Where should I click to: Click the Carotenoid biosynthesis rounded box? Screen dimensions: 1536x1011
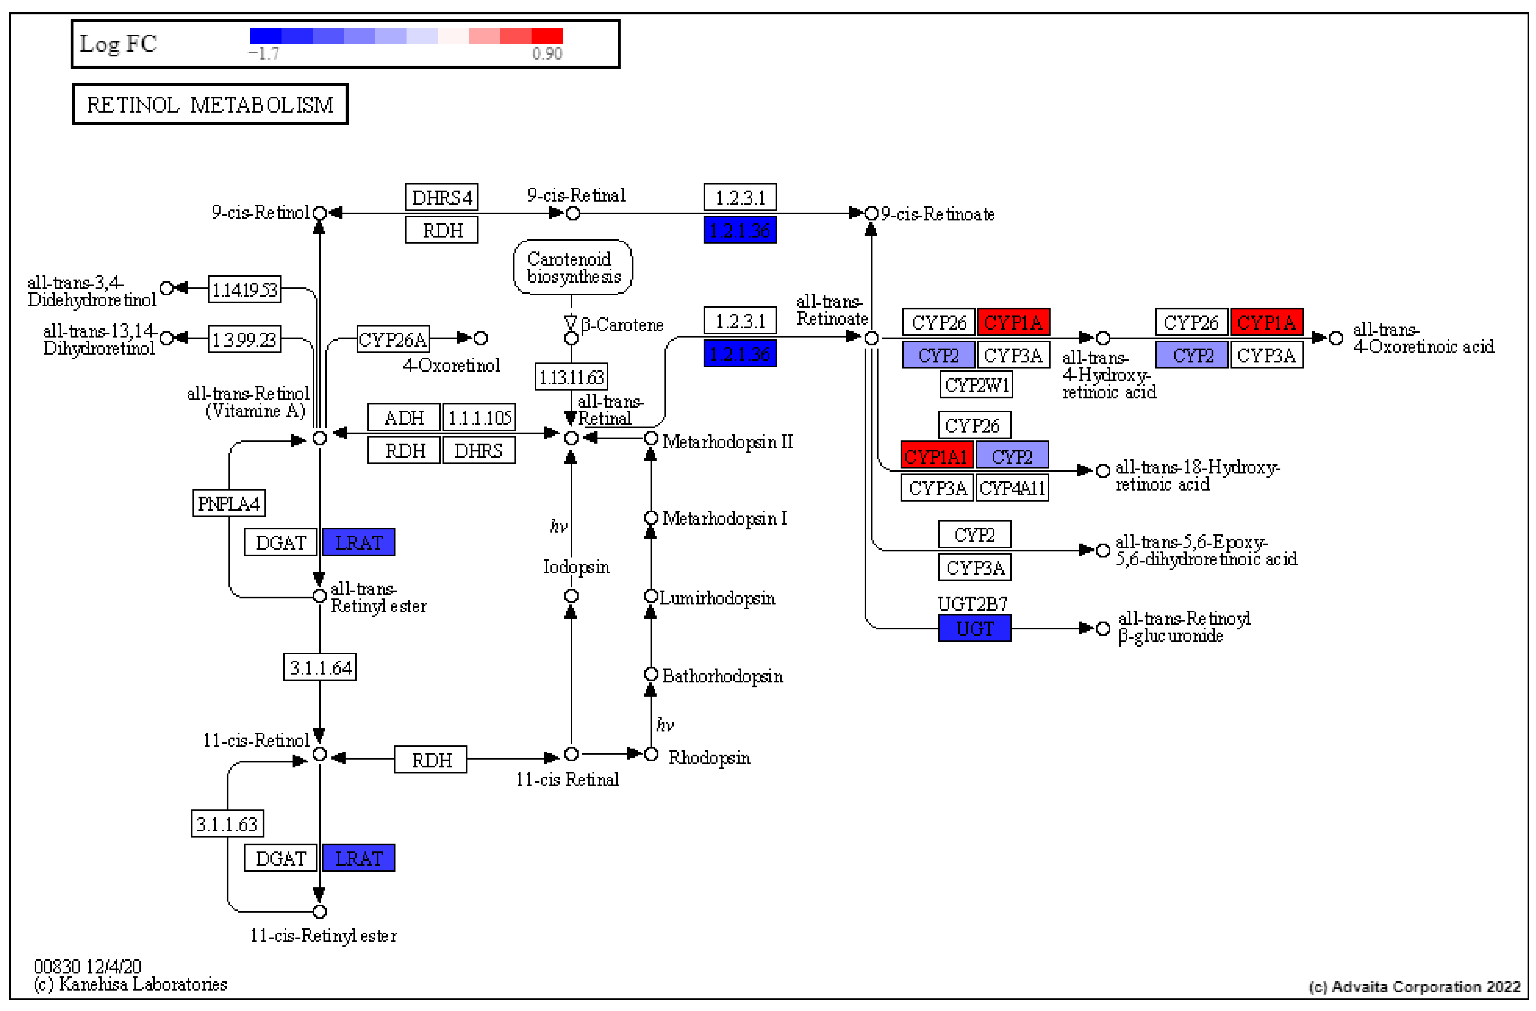[x=572, y=267]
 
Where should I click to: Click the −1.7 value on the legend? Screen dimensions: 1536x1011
[x=264, y=53]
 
